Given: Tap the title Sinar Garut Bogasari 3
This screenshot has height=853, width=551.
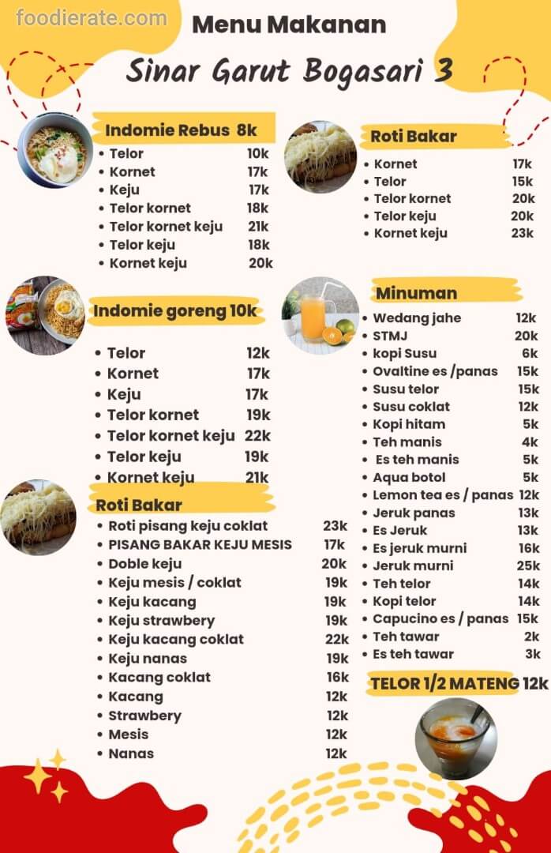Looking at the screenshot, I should point(289,72).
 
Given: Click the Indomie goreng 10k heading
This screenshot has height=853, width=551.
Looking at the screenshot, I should point(175,311).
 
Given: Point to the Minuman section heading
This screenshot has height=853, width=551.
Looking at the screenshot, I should point(416,293).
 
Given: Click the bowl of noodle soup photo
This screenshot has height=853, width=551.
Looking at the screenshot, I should point(54,150).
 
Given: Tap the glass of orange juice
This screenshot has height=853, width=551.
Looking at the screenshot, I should point(314,318).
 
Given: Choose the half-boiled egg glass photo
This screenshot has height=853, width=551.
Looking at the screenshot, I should point(455,738).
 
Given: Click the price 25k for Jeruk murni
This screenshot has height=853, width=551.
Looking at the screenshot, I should point(528,566).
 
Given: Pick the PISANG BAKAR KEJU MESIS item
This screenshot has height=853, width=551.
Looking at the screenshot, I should point(200,544).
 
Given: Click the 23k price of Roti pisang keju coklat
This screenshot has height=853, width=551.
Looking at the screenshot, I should point(335,525).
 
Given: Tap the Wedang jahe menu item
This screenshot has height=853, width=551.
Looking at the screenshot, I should point(417,318).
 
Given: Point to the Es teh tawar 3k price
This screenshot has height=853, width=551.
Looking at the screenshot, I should point(533,654).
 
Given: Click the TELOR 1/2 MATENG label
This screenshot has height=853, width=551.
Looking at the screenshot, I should point(445,683).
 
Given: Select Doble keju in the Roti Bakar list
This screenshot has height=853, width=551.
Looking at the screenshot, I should point(144,563).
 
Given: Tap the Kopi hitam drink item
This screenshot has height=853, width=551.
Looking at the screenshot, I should point(409,424).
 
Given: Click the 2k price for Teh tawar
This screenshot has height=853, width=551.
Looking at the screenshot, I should point(533,637).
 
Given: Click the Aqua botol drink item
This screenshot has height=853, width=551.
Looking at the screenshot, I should point(409,477).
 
